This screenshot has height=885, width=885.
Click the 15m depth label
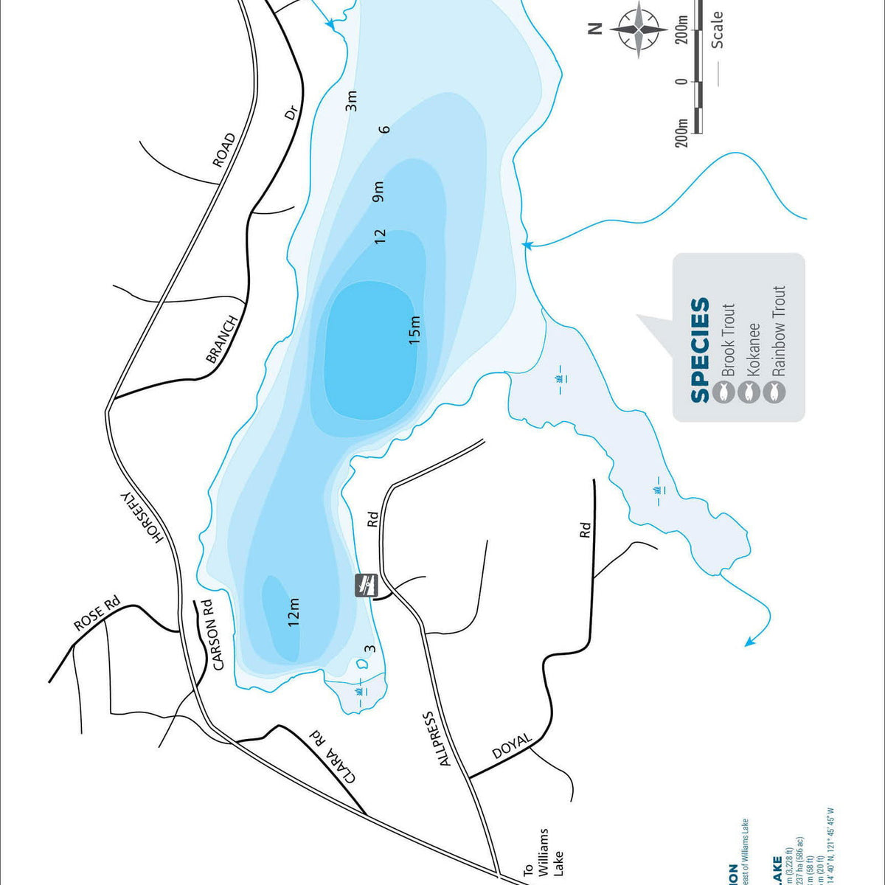(414, 330)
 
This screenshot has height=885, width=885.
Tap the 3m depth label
(352, 100)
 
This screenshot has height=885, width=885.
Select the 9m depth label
(378, 191)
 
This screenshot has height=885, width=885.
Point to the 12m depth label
(294, 612)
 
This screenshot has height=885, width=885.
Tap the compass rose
(639, 29)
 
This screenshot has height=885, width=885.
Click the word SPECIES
(699, 350)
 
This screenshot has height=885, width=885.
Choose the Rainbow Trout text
(777, 331)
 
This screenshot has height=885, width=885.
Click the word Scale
(717, 29)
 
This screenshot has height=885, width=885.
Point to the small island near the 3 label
(362, 664)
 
